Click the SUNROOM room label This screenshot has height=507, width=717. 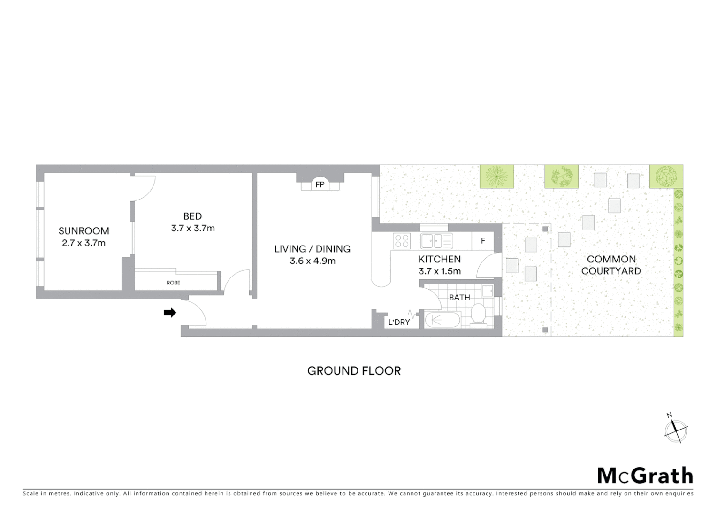(84, 231)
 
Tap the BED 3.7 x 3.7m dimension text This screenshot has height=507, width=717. (193, 229)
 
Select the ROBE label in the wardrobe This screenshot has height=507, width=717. (173, 283)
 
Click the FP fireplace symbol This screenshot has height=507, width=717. (320, 184)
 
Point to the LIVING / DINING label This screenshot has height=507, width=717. (312, 249)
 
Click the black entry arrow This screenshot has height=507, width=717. (170, 313)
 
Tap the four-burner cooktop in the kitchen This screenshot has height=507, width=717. (402, 241)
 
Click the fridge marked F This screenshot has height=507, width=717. (483, 241)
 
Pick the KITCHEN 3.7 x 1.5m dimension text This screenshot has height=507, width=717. (440, 271)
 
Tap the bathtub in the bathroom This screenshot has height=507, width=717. (442, 320)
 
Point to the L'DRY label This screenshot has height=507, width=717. (399, 322)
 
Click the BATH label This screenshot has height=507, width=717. (459, 298)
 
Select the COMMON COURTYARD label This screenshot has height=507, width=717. (611, 265)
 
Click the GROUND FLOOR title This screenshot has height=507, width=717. (354, 371)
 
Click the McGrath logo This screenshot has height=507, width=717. (645, 476)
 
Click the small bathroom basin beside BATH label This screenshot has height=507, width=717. (487, 291)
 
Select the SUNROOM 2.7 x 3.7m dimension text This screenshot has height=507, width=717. (84, 243)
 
